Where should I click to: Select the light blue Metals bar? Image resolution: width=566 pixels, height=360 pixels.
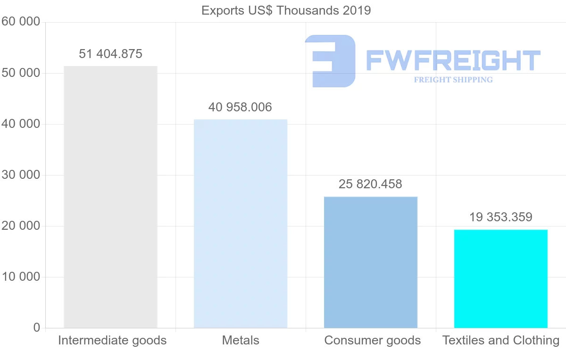click(x=241, y=224)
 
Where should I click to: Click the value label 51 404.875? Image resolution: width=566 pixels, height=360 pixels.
click(x=110, y=54)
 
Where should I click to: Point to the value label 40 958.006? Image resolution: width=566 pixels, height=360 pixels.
click(x=240, y=107)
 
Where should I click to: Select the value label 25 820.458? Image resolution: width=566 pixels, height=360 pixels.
click(x=370, y=184)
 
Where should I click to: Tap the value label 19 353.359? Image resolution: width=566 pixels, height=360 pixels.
click(x=500, y=217)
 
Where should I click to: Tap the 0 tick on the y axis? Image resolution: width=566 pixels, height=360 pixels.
click(x=36, y=328)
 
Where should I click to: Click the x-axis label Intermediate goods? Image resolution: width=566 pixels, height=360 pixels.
click(x=112, y=340)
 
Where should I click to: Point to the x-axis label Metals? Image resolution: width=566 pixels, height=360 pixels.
click(x=241, y=340)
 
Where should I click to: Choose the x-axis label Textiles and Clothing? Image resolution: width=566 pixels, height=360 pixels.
click(x=501, y=340)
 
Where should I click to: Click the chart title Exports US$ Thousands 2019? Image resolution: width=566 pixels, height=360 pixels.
click(x=286, y=10)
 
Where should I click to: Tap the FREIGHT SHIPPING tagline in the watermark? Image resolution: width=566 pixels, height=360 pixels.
click(x=453, y=80)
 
